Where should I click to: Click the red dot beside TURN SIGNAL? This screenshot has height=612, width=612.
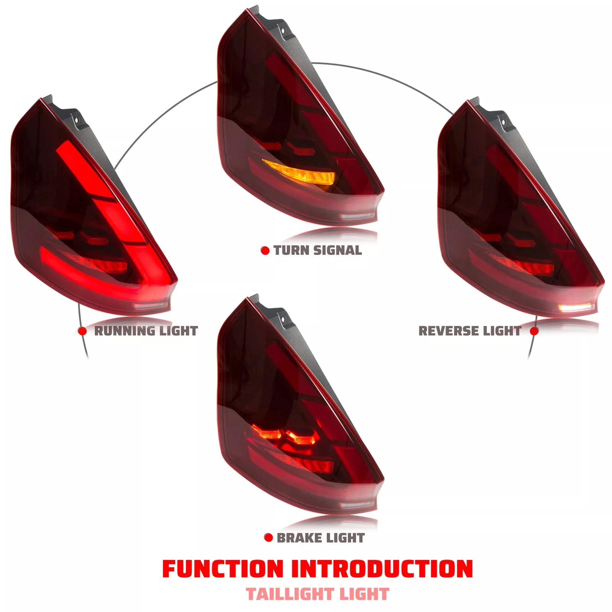click(x=265, y=251)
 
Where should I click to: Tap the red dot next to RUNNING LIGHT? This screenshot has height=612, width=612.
click(x=82, y=331)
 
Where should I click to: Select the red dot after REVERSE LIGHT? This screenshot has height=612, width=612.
click(x=534, y=331)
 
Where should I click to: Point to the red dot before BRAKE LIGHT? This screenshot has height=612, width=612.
click(x=269, y=538)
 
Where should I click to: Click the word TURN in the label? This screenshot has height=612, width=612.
click(x=292, y=251)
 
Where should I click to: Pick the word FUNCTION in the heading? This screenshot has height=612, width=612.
click(x=223, y=569)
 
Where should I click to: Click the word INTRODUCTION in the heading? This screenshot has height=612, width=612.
click(x=382, y=569)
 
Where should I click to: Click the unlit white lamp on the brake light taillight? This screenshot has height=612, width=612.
click(x=357, y=506)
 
